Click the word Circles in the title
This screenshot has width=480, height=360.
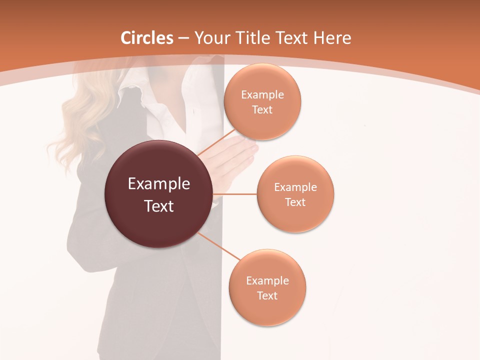coord(146,38)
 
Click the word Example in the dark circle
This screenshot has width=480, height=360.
coord(159,184)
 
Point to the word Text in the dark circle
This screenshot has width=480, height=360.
coord(159,206)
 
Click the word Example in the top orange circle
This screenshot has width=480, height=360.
coord(262,94)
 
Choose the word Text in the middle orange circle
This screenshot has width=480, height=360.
coord(295,202)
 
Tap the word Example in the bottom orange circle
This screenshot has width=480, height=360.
coord(267,280)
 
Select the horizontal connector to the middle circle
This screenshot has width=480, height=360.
coord(235,194)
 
